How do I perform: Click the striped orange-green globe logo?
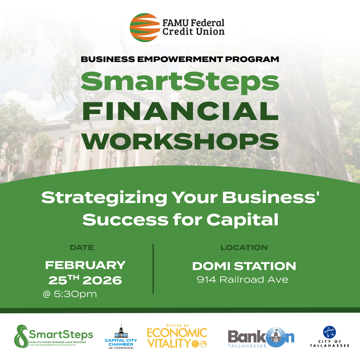pos(145,27)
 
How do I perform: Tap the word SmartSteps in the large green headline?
pos(180,82)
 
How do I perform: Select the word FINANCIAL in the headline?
pos(180,111)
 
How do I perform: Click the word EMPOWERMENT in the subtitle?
pos(180,59)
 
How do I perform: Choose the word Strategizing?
pos(104,198)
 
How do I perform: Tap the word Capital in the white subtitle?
pos(242,220)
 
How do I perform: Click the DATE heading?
pos(82,247)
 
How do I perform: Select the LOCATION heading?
pos(244,247)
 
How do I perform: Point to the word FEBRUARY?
pos(85,265)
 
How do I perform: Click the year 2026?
pos(102,280)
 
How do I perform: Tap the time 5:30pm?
pos(75,294)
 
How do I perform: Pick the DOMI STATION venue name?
pos(244,266)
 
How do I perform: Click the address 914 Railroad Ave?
pos(242,280)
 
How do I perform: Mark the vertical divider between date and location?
pos(153,269)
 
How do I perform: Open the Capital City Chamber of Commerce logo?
pos(121,337)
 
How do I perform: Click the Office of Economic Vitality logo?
pos(177,336)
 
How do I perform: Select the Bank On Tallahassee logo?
pos(261,337)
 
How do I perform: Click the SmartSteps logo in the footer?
pos(53,336)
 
